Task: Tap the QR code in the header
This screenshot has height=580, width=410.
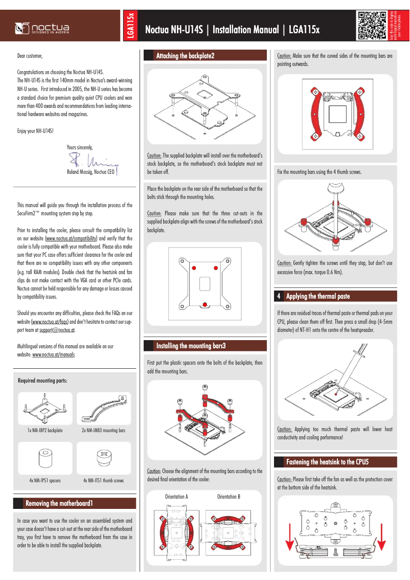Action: point(372,26)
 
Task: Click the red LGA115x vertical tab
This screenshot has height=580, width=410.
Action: point(130,26)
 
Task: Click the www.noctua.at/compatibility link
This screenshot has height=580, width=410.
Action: point(71,239)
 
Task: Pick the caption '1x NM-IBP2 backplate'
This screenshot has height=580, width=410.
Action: point(45,431)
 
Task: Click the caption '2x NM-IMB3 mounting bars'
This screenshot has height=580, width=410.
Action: point(103,431)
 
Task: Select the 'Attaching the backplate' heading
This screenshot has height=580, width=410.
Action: point(185,56)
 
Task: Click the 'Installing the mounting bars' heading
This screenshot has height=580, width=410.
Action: point(191,346)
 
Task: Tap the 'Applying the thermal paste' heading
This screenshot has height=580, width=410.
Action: point(317,296)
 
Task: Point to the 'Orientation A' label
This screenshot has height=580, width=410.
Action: point(176,497)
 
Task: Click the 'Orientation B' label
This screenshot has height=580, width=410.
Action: point(229,497)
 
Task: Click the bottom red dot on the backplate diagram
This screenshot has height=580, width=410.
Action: point(204,305)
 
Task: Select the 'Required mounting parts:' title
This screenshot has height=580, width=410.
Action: point(42,381)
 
